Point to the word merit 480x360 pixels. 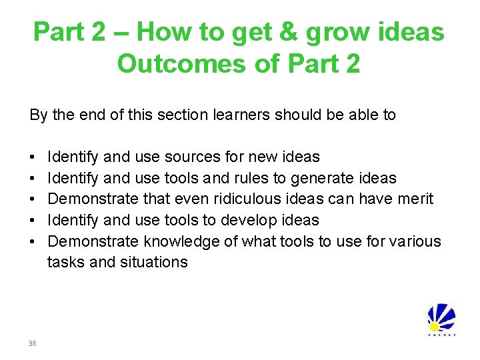pos(413,199)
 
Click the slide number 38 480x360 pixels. pos(32,343)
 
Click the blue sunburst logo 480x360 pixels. pos(441,318)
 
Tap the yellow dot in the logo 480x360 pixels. pos(434,327)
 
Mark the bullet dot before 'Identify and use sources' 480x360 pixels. pos(33,158)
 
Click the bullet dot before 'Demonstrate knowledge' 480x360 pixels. pos(33,241)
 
